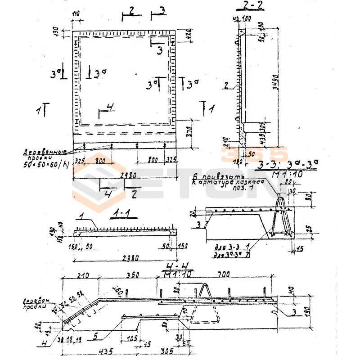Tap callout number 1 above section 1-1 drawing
coord(82,217)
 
